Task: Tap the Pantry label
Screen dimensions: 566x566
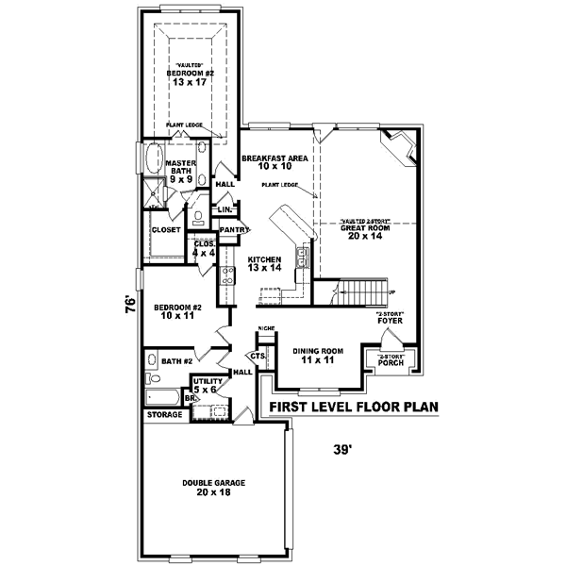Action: [233, 229]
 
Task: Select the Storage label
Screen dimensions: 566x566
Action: [164, 414]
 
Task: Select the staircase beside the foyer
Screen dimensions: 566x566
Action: [361, 292]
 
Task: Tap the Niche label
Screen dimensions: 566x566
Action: [266, 327]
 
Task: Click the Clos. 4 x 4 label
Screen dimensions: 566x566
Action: [205, 249]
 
